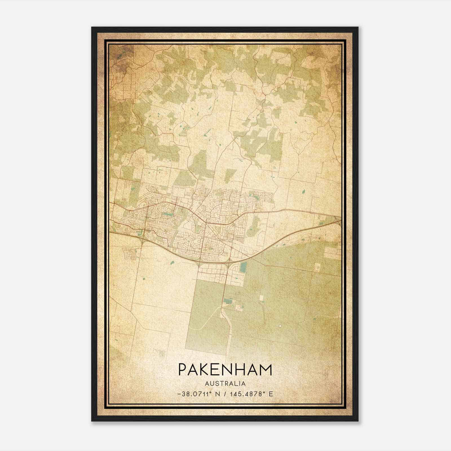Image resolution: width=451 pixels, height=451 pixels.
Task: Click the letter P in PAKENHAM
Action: coord(183,370)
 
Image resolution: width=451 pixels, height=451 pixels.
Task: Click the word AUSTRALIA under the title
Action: coord(225,384)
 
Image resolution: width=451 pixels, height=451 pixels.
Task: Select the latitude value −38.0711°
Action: coord(194,394)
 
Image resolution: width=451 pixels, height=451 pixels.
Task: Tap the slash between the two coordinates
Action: coord(225,394)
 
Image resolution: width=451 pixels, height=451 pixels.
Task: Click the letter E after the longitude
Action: coord(271,394)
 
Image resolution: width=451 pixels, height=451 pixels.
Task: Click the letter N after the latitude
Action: coord(217,394)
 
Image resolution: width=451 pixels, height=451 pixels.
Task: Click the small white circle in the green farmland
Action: coord(280,326)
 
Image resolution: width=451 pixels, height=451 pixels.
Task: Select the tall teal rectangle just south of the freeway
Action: coord(243,268)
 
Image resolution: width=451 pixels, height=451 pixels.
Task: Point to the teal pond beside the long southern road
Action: coord(227,301)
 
